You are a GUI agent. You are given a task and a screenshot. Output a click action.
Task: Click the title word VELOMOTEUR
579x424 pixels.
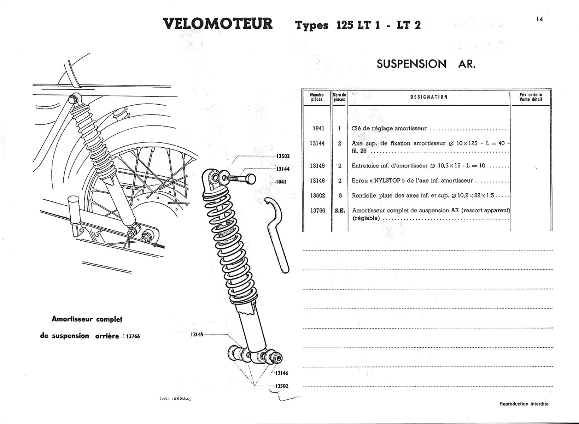click(218, 24)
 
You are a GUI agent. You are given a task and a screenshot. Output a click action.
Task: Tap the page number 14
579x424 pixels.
click(539, 19)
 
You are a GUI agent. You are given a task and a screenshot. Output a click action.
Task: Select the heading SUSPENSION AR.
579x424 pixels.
click(426, 64)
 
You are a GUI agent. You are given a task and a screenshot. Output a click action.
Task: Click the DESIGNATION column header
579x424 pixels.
click(429, 97)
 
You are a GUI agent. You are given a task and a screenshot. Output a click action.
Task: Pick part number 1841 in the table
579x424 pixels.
click(318, 129)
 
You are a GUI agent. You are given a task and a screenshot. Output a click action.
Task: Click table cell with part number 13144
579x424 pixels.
click(317, 143)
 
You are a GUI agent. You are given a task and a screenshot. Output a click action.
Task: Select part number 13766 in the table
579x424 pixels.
click(317, 211)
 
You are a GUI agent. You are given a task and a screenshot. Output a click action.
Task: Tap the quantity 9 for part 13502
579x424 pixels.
click(340, 196)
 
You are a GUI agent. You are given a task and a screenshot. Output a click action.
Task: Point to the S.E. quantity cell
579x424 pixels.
click(340, 211)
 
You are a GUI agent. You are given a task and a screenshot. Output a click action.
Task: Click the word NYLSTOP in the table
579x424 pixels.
click(387, 181)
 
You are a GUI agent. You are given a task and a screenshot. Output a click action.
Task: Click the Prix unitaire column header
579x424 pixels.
click(531, 97)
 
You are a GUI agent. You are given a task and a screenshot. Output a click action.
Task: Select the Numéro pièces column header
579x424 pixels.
click(317, 97)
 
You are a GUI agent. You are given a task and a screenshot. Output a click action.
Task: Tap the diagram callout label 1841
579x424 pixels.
click(281, 182)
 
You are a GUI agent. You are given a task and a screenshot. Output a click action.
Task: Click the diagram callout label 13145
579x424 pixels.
click(197, 334)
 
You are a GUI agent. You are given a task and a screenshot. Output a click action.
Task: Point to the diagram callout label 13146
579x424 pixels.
click(282, 373)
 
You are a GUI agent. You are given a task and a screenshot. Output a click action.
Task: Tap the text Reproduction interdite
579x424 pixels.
click(524, 404)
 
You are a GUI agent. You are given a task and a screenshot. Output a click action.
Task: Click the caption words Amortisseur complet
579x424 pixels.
click(87, 319)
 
